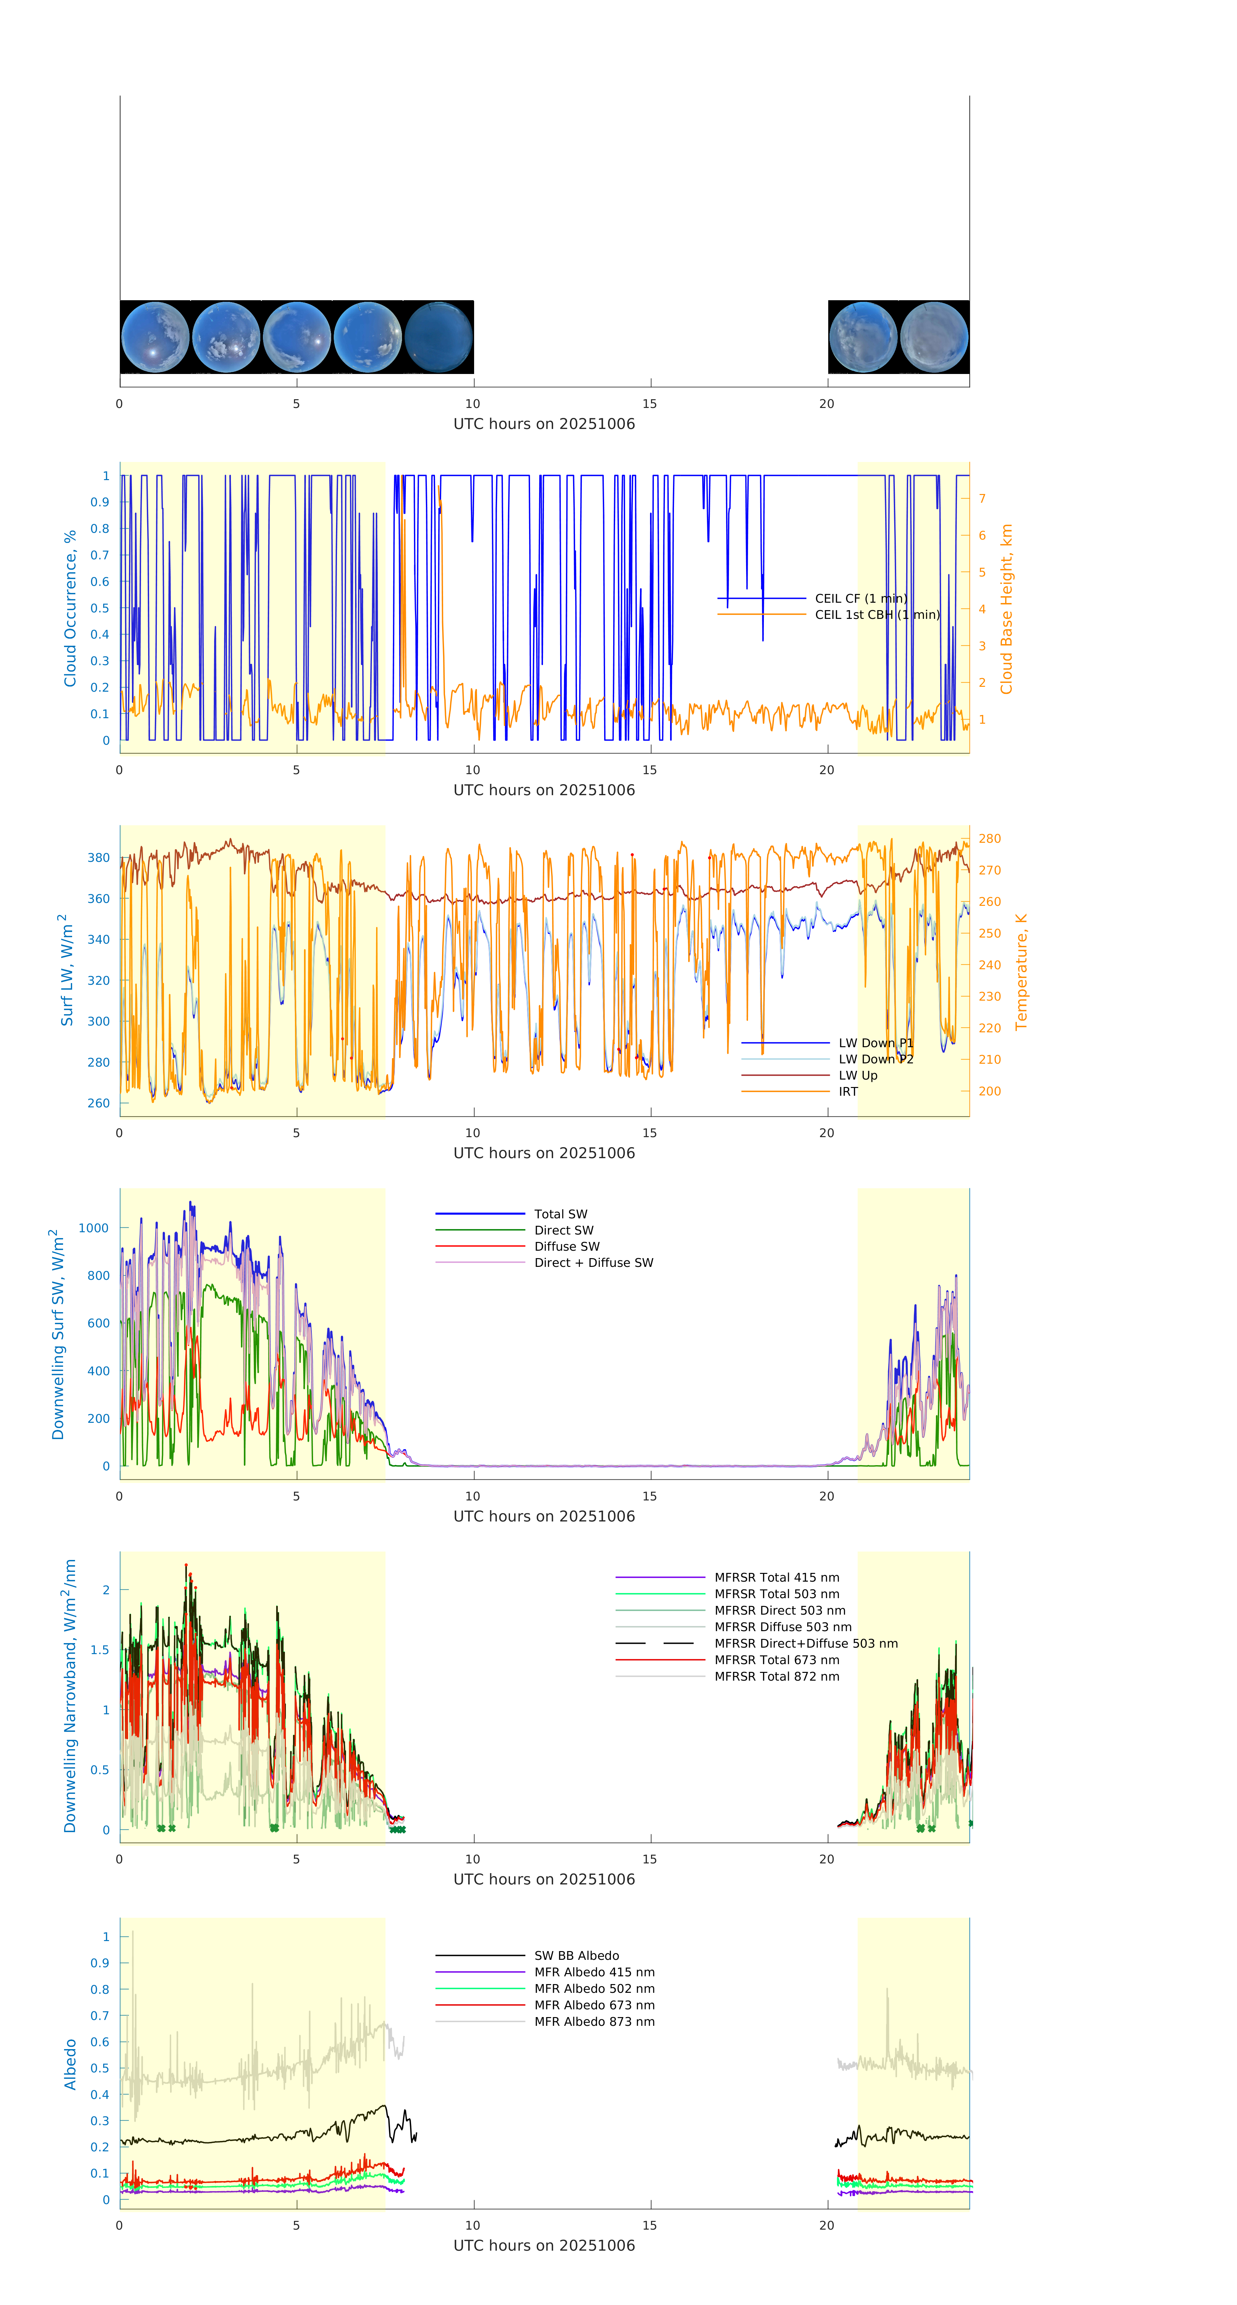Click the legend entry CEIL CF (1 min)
[860, 598]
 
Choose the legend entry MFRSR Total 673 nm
[776, 1660]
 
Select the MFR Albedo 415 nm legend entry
[594, 1972]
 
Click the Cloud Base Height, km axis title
[1006, 609]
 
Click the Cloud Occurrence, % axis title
[70, 609]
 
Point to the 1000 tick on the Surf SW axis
[94, 1229]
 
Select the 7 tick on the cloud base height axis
[982, 499]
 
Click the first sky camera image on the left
[155, 337]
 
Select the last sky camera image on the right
[934, 337]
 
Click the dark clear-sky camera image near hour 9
[438, 337]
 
